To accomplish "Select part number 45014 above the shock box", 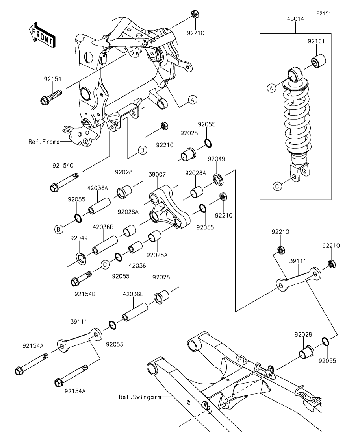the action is pos(295,19).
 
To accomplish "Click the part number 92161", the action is pos(316,41).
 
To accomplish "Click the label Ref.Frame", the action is pos(44,142).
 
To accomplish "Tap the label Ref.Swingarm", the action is pos(140,397).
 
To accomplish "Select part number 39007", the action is pos(157,174).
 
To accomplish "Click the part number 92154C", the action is pos(63,166).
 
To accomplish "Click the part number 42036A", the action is pos(97,188).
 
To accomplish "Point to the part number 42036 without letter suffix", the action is pos(137,266).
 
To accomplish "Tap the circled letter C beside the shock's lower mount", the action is pos(277,186).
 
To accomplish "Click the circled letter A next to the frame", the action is pos(193,100).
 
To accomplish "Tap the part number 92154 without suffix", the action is pos(52,79).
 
